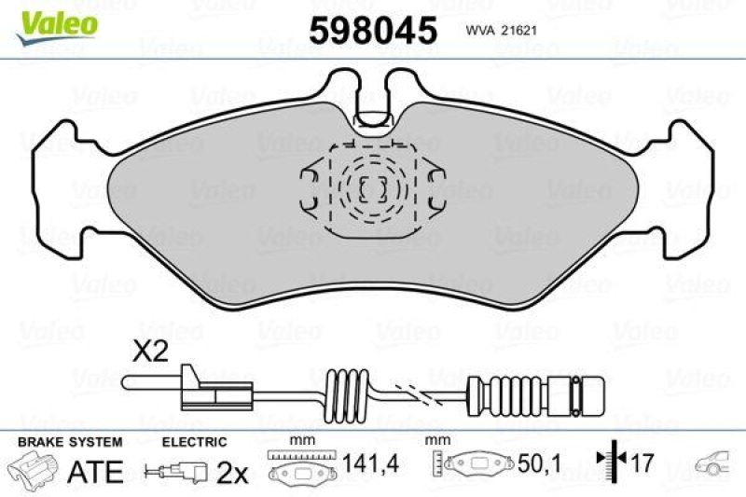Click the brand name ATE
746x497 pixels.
point(96,471)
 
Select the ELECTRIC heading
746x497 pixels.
point(194,441)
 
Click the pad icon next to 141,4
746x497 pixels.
point(300,469)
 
